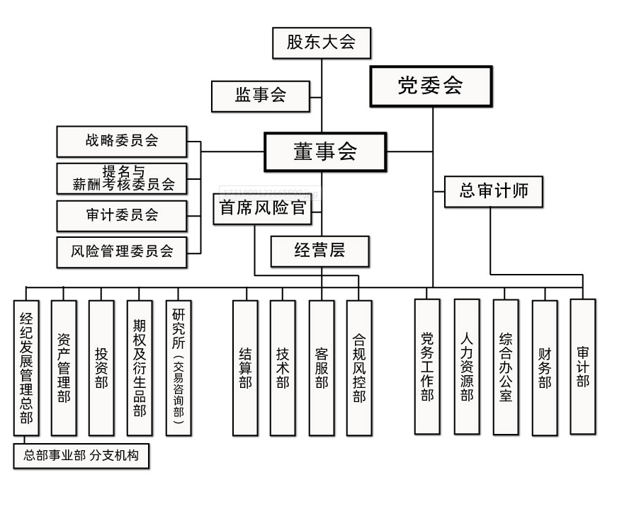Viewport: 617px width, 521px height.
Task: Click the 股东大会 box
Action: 322,42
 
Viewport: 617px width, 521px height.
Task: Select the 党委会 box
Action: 431,86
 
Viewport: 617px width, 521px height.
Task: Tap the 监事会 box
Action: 261,96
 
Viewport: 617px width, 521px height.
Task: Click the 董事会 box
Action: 325,151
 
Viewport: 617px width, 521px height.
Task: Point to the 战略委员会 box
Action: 122,141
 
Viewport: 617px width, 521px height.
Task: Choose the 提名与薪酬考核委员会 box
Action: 122,178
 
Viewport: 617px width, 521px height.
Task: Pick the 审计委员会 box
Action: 122,215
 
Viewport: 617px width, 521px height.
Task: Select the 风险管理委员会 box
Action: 122,252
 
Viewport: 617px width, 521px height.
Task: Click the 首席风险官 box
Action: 262,209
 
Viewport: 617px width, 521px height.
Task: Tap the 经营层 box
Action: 321,250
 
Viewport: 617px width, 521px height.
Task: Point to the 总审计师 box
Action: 493,191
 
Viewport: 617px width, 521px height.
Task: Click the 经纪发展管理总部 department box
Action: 26,367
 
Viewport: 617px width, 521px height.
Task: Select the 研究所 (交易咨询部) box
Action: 178,367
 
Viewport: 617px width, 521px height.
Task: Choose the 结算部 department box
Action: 245,367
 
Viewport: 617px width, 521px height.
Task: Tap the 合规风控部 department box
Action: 359,367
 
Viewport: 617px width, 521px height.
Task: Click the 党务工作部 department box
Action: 427,366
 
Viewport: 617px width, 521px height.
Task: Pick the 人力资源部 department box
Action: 466,366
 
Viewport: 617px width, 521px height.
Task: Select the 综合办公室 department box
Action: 505,366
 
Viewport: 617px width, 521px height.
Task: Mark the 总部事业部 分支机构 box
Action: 81,457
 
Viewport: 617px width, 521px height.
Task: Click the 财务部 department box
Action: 544,367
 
